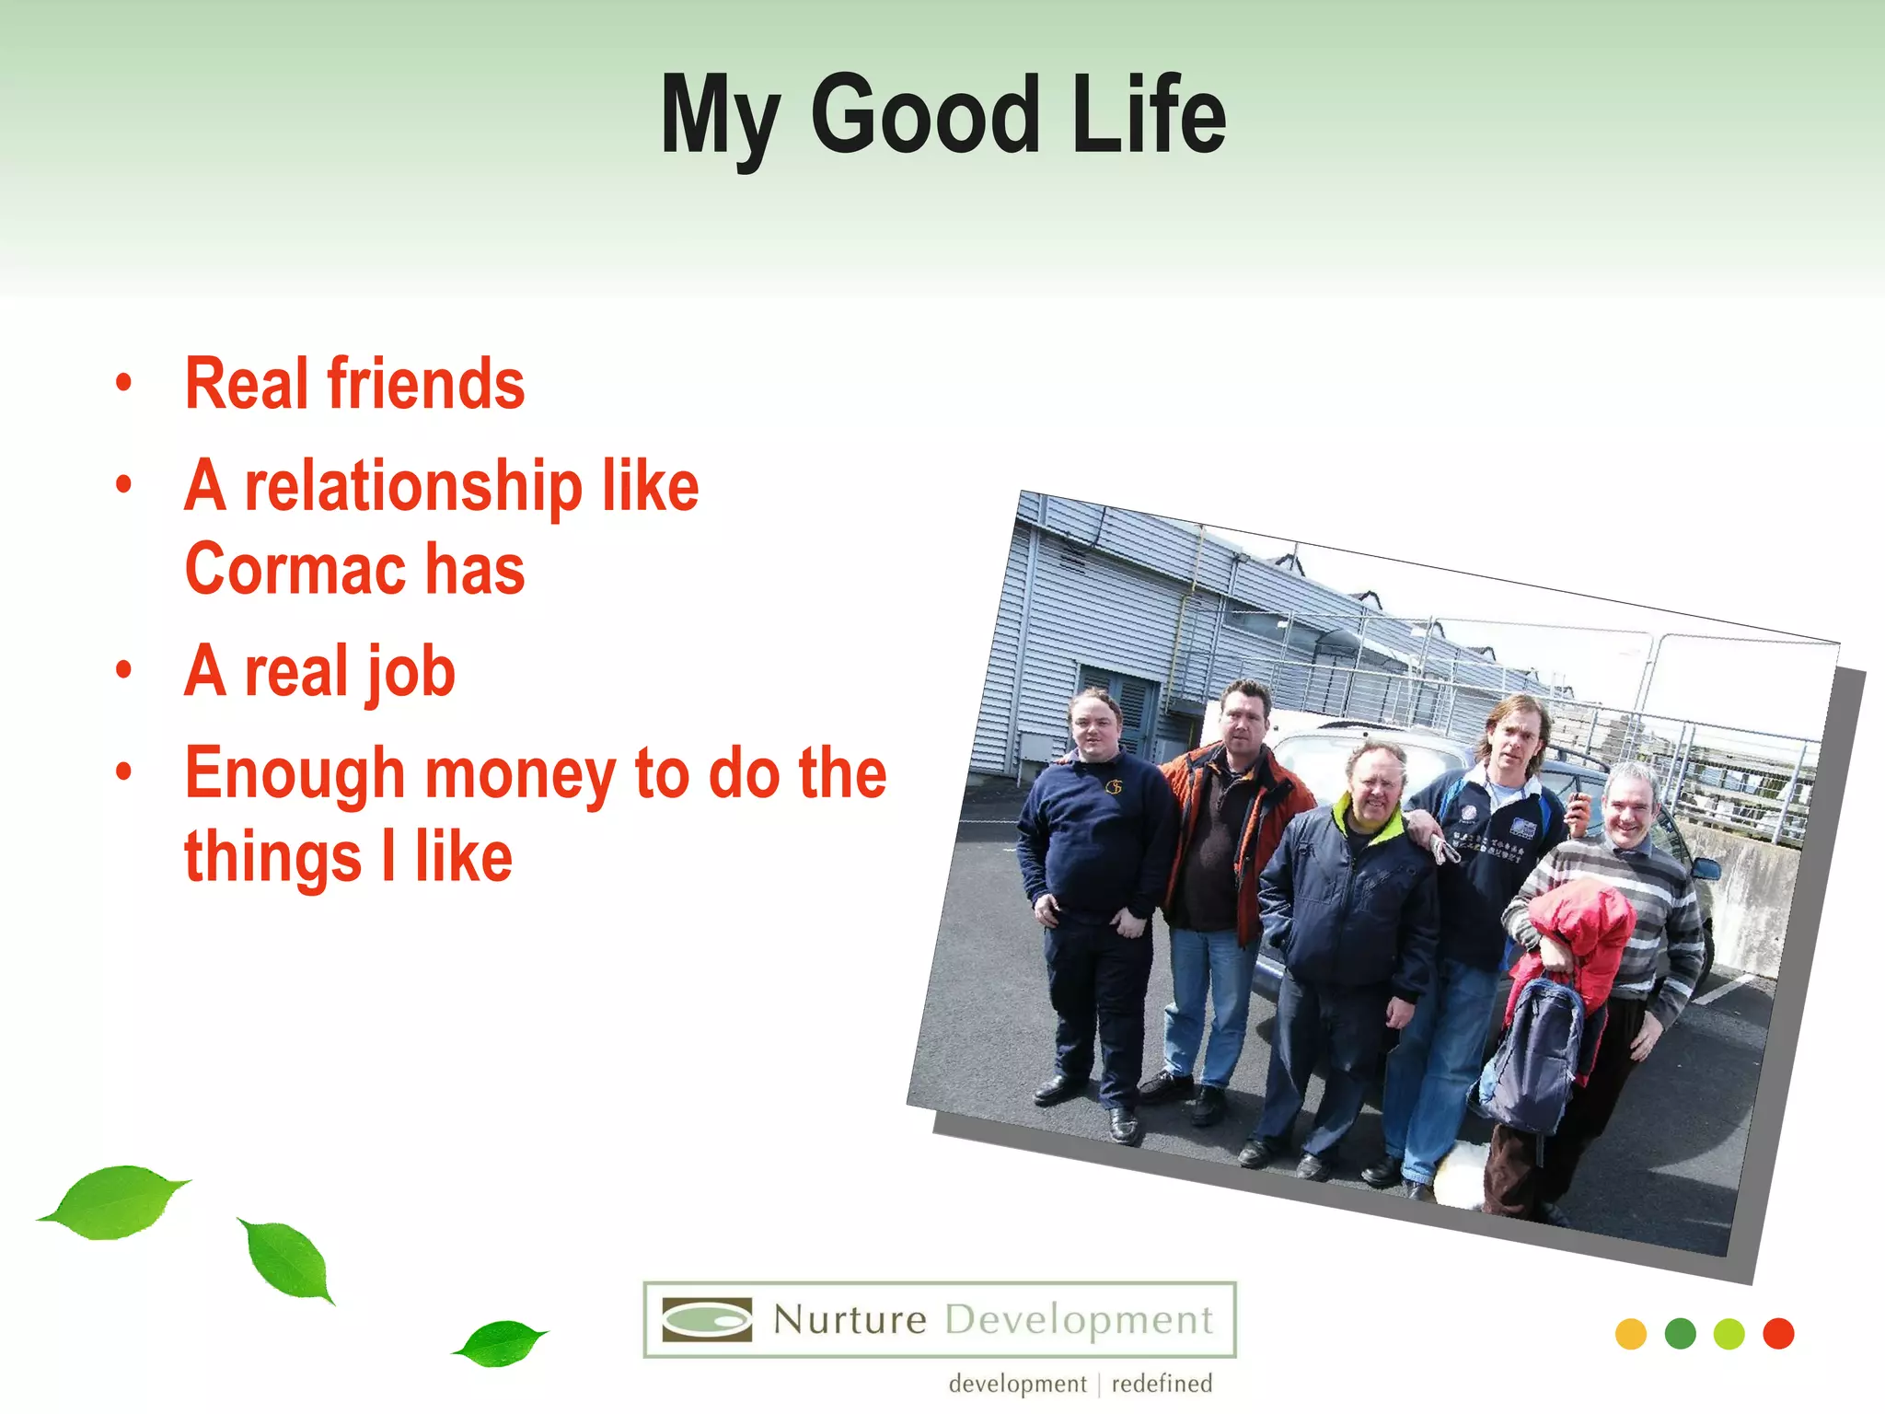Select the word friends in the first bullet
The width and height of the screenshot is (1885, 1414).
coord(425,384)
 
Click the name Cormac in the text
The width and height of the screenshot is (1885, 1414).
coord(295,570)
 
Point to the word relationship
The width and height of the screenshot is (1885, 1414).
coord(413,487)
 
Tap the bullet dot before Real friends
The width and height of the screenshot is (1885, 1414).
coord(124,382)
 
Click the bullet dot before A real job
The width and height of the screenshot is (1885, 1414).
coord(124,669)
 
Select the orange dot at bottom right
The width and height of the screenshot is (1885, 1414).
coord(1630,1334)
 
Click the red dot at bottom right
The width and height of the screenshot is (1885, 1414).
coord(1778,1334)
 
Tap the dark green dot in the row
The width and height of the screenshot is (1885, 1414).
coord(1680,1334)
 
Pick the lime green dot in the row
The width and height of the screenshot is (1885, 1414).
coord(1729,1334)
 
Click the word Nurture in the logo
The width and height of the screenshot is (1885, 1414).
coord(850,1320)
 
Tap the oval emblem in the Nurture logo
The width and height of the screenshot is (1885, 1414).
coord(707,1320)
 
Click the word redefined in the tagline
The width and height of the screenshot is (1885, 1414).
coord(1162,1384)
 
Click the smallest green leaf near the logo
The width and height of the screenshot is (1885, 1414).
coord(500,1343)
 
